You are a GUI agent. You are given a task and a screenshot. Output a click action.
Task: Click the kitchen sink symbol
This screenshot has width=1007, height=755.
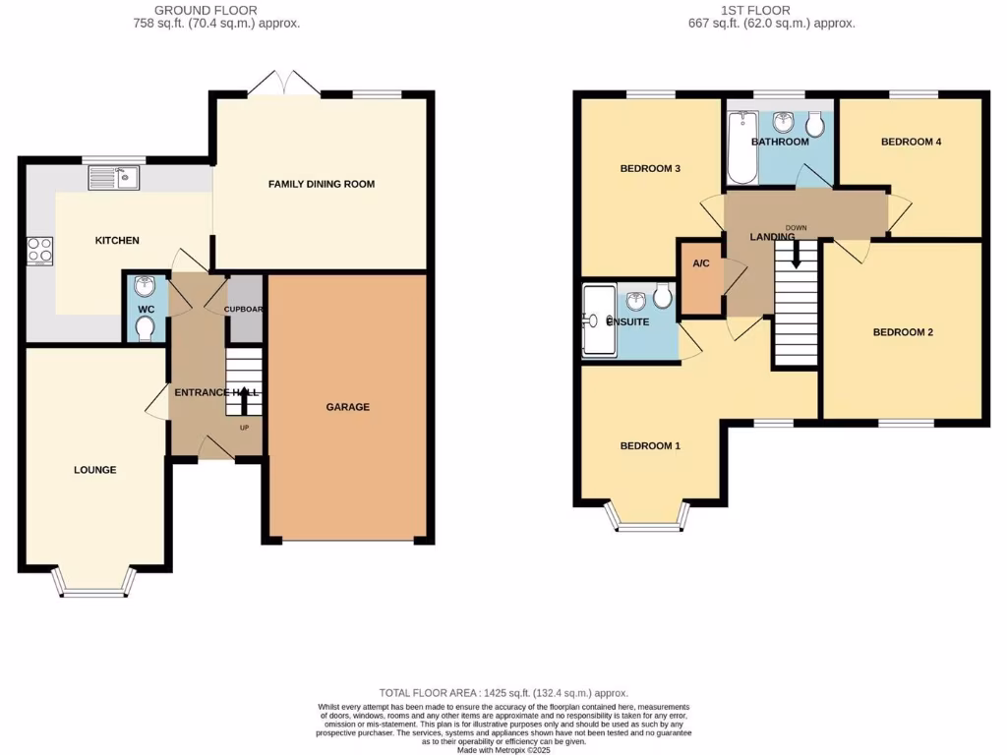coord(114,178)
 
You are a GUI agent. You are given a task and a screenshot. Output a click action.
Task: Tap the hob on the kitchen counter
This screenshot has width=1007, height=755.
coord(39,251)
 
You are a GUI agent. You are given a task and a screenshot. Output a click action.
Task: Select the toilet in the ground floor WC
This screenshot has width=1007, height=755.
coord(146,328)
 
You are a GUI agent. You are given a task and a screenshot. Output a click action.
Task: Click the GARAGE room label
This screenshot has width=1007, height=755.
coord(349,407)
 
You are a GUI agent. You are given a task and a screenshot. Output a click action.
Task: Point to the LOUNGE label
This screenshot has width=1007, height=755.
coord(95,470)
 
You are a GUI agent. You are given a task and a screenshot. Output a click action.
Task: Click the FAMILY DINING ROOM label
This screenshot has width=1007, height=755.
coord(322,184)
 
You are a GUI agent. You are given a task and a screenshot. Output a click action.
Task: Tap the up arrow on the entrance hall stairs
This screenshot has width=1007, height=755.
coord(244,399)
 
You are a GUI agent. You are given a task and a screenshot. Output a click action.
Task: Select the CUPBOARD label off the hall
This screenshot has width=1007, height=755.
coord(246,309)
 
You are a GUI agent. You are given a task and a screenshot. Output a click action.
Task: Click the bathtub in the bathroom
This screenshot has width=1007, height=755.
coord(740,149)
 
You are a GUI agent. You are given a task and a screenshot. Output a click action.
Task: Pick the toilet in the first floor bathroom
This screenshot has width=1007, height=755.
coord(814,125)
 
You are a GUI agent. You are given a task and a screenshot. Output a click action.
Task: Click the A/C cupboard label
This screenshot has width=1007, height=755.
coord(701,263)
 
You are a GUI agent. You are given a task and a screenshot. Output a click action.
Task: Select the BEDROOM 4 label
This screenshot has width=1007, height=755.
coord(911,142)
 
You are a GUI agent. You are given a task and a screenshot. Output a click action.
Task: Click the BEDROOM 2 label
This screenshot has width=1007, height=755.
coord(903,332)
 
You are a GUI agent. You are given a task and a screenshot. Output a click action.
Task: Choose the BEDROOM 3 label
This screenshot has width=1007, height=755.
coord(650,169)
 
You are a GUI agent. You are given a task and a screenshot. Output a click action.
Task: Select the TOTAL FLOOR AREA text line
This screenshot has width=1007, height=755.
coord(503,693)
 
